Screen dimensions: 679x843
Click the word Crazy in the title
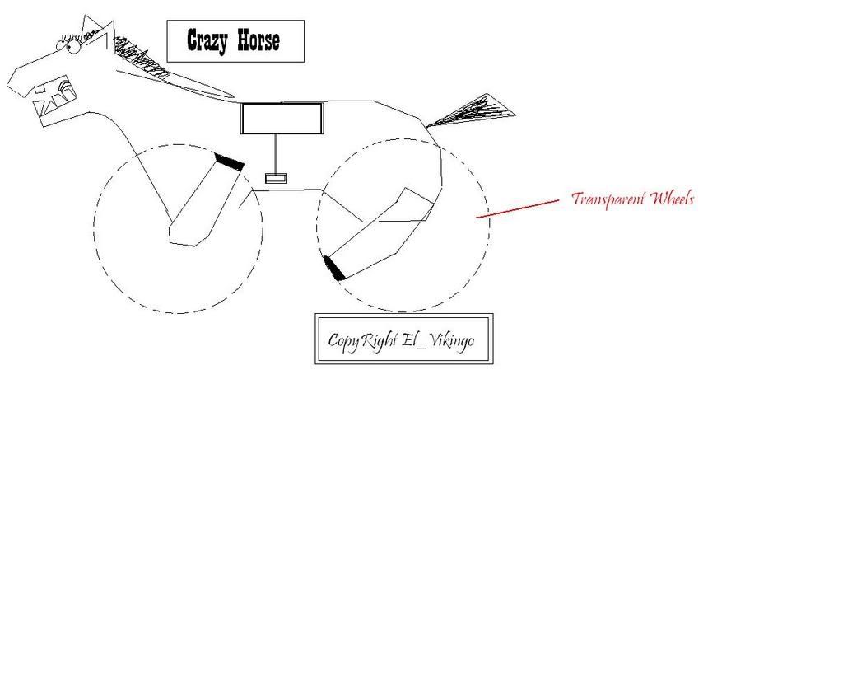coord(207,40)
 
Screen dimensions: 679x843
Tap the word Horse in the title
coord(258,40)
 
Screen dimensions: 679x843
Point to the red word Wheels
coord(672,199)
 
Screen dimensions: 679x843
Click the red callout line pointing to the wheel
coord(518,208)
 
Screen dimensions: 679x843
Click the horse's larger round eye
coord(73,47)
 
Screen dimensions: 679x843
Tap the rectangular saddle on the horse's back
coord(282,118)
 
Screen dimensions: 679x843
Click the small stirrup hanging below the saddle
coord(276,178)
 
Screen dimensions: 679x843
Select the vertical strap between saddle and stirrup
coord(276,153)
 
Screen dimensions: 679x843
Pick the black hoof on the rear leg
coord(334,269)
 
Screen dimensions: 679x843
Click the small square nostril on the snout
coord(40,90)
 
